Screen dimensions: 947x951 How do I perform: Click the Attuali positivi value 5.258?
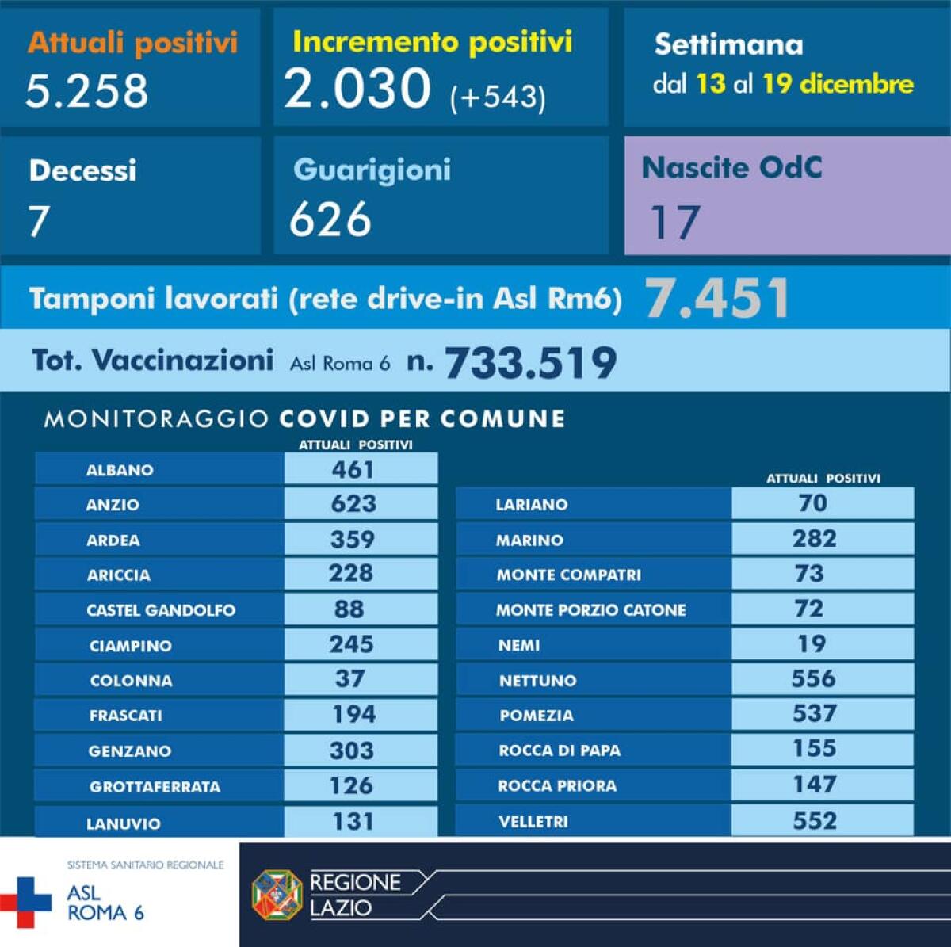[86, 90]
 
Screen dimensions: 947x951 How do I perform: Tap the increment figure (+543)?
[498, 97]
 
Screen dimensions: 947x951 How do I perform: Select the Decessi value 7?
[39, 221]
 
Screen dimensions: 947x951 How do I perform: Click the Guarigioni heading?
[372, 170]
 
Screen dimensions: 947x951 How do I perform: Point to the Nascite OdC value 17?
[675, 223]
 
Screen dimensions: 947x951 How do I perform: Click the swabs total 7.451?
[717, 299]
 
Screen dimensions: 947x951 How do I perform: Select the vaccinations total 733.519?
[530, 363]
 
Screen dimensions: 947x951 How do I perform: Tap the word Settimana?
[728, 45]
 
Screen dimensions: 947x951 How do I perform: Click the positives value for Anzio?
[353, 504]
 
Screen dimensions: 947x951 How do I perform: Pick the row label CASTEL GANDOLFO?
[161, 610]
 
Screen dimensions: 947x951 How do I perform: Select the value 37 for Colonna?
[349, 679]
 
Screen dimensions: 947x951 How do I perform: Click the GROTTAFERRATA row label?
[155, 787]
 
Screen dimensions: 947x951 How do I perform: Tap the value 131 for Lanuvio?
[353, 821]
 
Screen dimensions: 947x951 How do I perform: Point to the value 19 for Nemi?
[812, 644]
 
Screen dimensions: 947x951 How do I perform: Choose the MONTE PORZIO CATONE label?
[590, 610]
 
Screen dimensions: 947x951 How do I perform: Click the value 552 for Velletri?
[815, 821]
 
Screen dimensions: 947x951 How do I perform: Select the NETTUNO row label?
[537, 681]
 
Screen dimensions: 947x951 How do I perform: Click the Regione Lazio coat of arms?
[277, 895]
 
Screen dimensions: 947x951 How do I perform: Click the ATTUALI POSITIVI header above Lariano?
[823, 479]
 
